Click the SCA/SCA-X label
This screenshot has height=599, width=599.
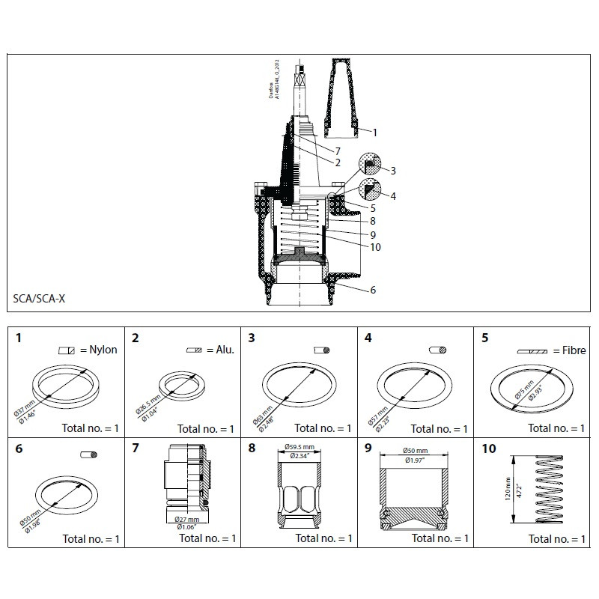tap(38, 297)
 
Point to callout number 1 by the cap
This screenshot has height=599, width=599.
tap(374, 133)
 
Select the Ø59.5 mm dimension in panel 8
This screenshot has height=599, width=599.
tap(299, 449)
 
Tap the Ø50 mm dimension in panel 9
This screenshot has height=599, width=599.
tap(416, 451)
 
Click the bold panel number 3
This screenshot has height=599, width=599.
tap(252, 338)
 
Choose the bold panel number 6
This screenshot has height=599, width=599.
tap(19, 449)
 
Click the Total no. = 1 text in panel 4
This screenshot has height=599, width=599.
tap(439, 429)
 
